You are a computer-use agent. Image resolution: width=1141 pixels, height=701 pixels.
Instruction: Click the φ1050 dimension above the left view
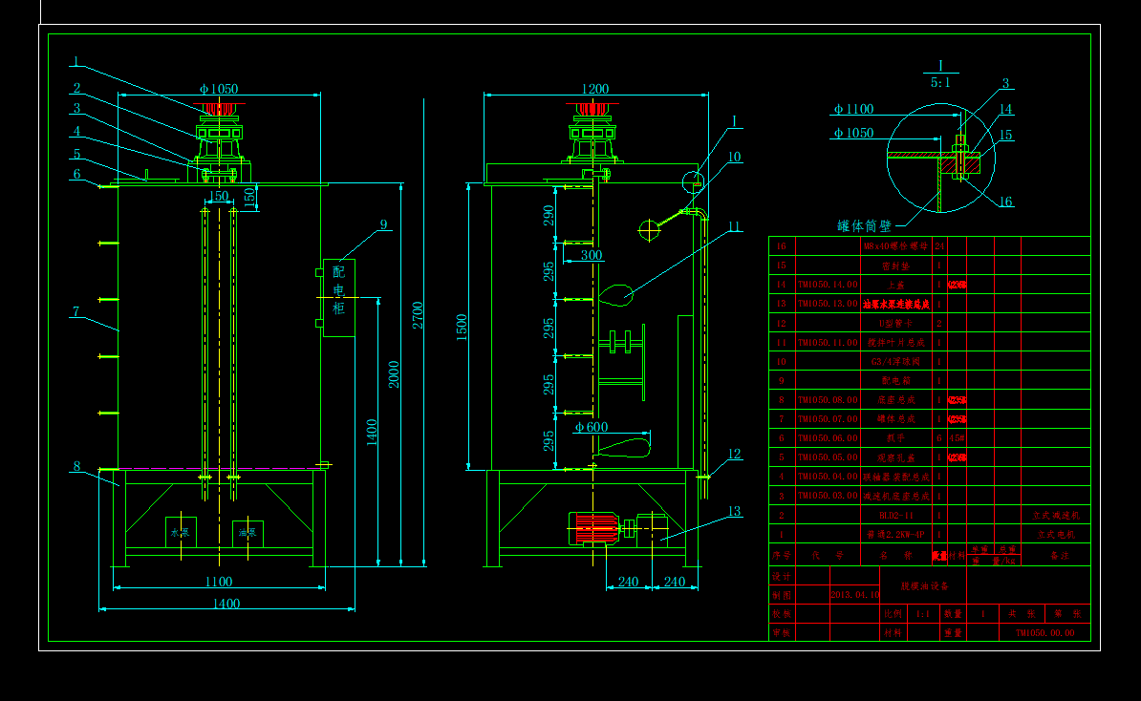[218, 89]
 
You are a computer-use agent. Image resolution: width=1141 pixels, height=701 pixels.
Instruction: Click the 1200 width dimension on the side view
[594, 89]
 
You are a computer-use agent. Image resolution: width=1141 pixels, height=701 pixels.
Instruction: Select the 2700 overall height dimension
[418, 314]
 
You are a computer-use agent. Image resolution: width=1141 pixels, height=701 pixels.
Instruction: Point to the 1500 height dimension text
[463, 327]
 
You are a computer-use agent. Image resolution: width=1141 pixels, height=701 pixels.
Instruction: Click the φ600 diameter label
[592, 427]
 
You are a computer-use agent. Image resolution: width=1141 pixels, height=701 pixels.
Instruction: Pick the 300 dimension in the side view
[592, 255]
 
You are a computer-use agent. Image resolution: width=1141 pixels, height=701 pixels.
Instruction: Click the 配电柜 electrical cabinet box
[338, 297]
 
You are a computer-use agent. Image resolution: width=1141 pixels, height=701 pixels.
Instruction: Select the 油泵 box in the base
[248, 533]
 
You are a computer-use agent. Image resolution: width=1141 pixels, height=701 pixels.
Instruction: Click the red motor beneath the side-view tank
[593, 529]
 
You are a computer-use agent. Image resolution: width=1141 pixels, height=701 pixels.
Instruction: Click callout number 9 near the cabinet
[383, 224]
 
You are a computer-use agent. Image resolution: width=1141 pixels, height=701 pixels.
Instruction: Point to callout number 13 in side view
[734, 511]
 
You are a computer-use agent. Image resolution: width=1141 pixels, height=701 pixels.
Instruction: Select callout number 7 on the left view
[75, 311]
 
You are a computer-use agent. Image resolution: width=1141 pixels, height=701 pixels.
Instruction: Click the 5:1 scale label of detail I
[940, 83]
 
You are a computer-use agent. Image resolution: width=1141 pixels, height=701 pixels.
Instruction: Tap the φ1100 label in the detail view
[852, 109]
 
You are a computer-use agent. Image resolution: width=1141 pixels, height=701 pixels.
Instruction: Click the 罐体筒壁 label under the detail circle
[864, 226]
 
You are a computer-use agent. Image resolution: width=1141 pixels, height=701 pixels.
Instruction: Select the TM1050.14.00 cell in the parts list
[828, 285]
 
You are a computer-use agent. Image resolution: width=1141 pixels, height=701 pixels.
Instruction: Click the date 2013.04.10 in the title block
[854, 594]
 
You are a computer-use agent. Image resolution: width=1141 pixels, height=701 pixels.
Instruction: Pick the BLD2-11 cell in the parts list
[877, 515]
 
